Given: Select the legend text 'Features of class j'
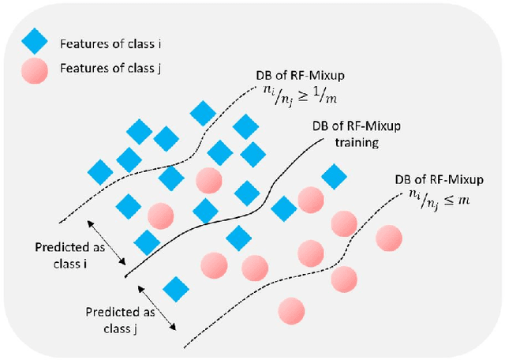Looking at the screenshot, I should pyautogui.click(x=99, y=69).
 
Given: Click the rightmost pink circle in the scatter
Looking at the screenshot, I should pyautogui.click(x=388, y=238).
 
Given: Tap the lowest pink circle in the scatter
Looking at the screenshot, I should pyautogui.click(x=291, y=309).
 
